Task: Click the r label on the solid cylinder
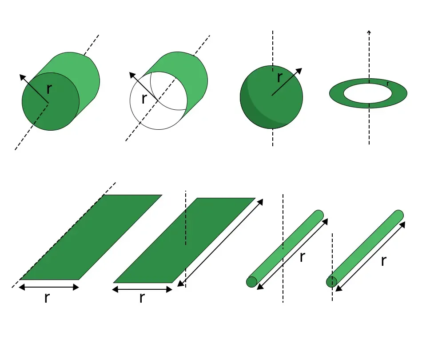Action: click(x=49, y=89)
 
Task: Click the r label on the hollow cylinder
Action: click(x=144, y=99)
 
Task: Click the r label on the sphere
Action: click(x=280, y=77)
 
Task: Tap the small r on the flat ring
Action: click(x=388, y=84)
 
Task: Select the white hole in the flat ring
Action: click(x=368, y=93)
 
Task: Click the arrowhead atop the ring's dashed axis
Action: click(x=369, y=32)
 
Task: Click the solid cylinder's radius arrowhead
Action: click(x=23, y=78)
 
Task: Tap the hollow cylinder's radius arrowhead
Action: click(x=133, y=76)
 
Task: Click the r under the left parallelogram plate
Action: click(x=47, y=297)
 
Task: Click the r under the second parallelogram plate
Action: click(x=142, y=297)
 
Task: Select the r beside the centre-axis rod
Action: click(x=303, y=257)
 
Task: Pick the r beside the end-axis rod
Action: click(x=384, y=260)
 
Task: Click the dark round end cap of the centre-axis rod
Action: click(x=251, y=282)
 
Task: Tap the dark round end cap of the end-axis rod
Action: click(x=331, y=282)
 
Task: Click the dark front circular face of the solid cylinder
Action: click(x=51, y=101)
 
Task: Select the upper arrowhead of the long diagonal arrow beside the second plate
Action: click(x=260, y=202)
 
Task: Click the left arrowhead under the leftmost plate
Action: click(x=22, y=287)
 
